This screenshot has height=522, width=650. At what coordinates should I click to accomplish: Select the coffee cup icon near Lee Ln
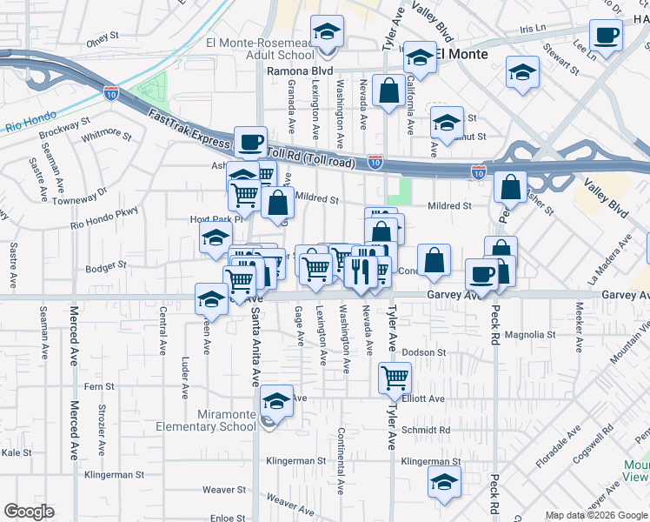click(x=606, y=37)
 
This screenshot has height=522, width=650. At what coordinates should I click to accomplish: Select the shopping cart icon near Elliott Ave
click(x=395, y=378)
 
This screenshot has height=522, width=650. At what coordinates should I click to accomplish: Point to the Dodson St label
click(x=423, y=353)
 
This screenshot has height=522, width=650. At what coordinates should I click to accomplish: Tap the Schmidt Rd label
click(x=426, y=430)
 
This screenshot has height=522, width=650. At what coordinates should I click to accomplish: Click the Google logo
click(x=29, y=512)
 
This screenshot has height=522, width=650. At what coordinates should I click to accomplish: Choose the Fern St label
click(x=99, y=386)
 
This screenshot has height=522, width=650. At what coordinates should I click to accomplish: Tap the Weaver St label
click(x=219, y=490)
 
